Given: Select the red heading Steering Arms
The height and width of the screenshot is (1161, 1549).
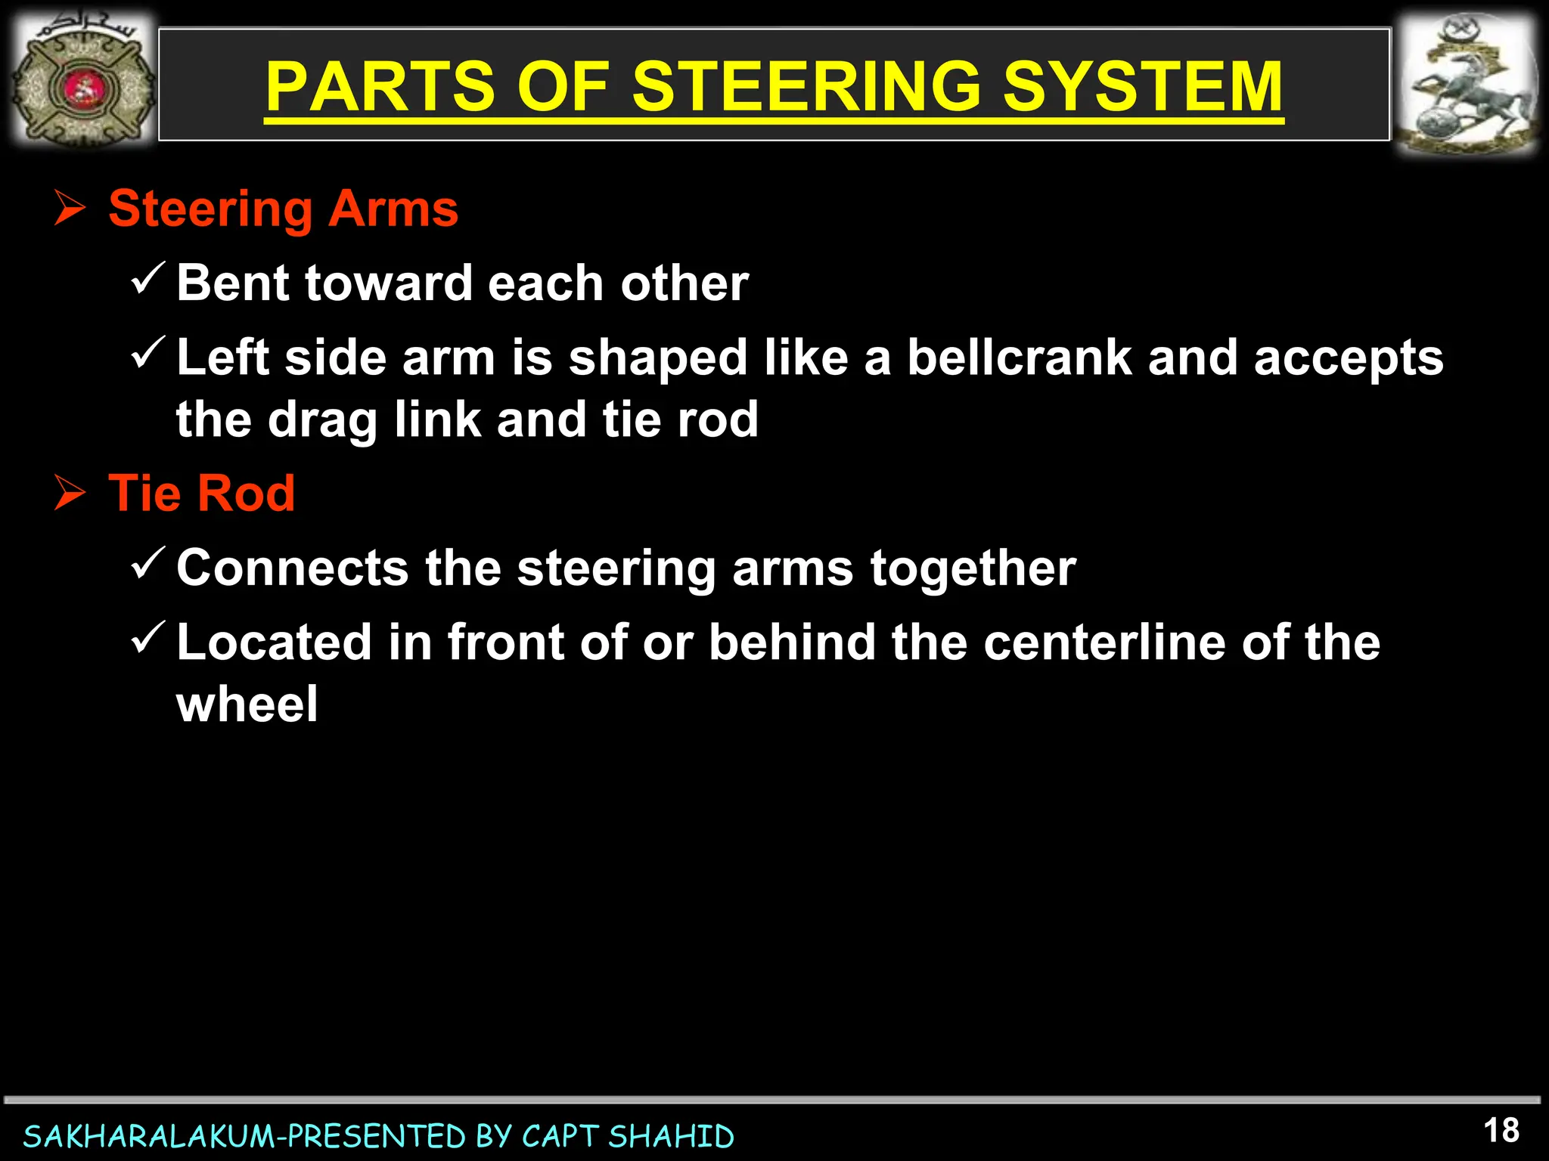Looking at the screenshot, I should tap(283, 209).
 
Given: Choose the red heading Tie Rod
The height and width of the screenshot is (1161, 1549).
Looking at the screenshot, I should tap(201, 494).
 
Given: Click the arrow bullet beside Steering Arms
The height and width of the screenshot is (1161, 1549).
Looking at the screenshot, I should tap(70, 209).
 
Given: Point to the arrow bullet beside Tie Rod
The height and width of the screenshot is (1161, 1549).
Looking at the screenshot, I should tap(70, 494).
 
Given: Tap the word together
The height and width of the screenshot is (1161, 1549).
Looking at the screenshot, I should tap(973, 568).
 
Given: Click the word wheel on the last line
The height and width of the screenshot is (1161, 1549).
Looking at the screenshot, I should tap(247, 704).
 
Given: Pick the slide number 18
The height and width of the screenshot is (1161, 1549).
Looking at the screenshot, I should tap(1501, 1132).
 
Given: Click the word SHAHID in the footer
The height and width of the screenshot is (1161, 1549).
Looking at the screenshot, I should tap(671, 1137).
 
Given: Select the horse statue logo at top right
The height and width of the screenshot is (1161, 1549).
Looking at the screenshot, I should tap(1466, 85).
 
